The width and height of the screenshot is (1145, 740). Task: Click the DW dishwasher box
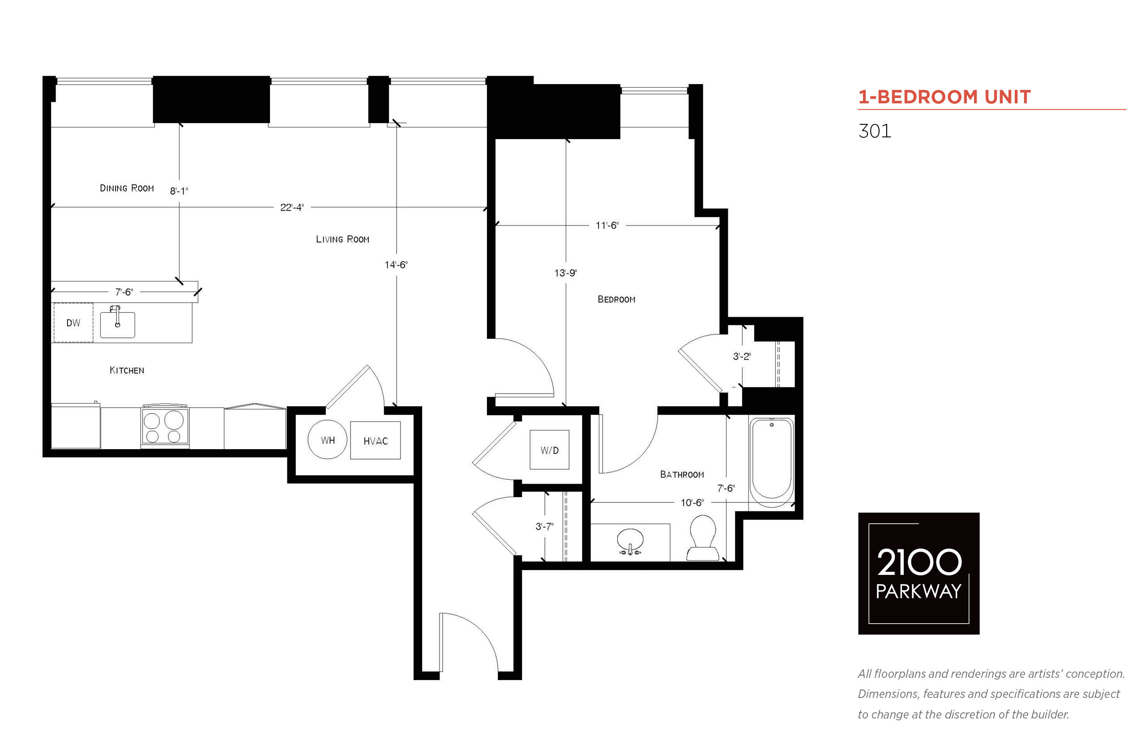[73, 323]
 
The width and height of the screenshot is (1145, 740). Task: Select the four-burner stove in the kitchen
[165, 426]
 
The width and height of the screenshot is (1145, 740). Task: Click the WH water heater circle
[327, 440]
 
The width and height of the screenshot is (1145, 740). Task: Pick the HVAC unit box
[375, 440]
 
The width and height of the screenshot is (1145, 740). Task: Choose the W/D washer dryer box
[549, 449]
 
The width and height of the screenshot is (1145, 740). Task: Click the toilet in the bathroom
[702, 538]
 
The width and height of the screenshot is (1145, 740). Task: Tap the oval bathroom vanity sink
[630, 541]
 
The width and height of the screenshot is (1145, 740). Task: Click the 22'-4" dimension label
[292, 207]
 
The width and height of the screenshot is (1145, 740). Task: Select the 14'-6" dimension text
[396, 265]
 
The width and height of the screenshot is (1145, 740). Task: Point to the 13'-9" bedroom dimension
[565, 273]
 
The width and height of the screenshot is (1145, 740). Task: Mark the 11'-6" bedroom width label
[607, 225]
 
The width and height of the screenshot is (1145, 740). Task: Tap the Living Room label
[342, 239]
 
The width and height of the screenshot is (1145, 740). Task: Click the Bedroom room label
[616, 299]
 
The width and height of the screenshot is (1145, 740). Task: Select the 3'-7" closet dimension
[544, 526]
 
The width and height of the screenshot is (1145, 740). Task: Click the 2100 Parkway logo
[918, 573]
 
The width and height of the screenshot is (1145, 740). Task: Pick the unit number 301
[874, 131]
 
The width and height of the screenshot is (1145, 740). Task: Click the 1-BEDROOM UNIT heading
[944, 97]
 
